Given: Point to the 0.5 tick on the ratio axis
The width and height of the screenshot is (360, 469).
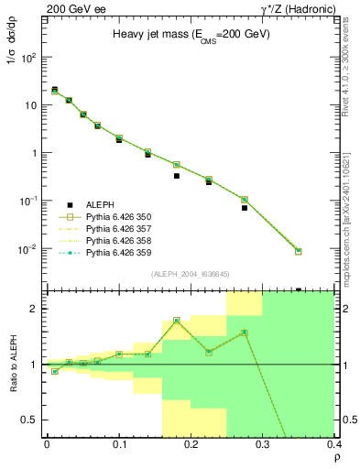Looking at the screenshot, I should [x=34, y=420].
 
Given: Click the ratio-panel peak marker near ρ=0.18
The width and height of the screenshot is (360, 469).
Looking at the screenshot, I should [x=177, y=321].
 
